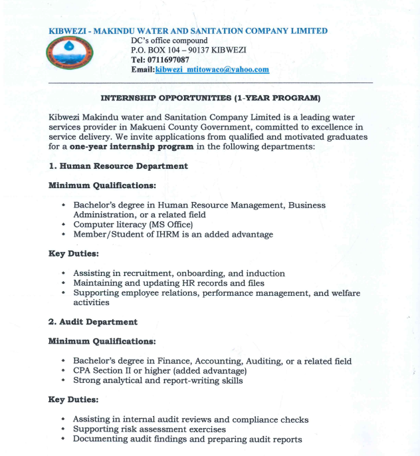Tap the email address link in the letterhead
(x=212, y=70)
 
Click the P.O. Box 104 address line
(x=189, y=50)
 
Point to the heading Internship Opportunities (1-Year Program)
(x=210, y=98)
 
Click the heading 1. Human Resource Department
(x=118, y=166)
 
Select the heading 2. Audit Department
(x=93, y=322)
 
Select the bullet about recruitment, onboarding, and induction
(x=179, y=273)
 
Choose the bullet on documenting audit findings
(x=187, y=439)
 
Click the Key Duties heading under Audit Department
(x=73, y=400)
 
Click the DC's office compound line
(x=169, y=41)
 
